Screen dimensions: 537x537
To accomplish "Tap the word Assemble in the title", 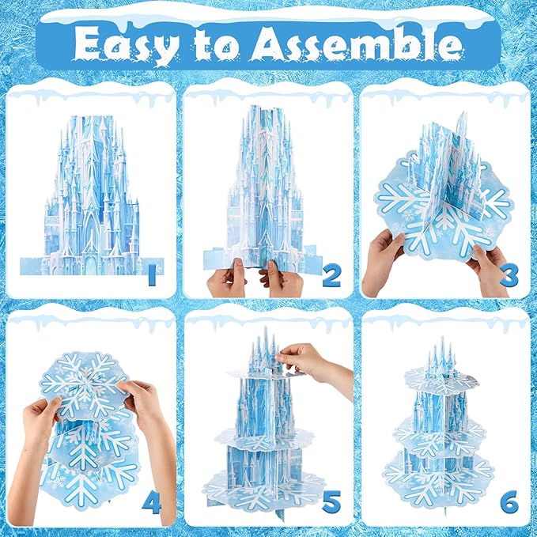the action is coord(356,43).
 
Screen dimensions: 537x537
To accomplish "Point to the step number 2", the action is coord(331,276).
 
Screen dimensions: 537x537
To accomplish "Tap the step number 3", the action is coord(509,276).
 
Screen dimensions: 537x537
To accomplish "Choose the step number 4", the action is coord(151,503).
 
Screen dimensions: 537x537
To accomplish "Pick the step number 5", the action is coord(331,501).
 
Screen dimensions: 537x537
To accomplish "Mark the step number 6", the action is coord(509,502).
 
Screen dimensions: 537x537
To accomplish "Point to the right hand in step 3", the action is coord(486,270).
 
